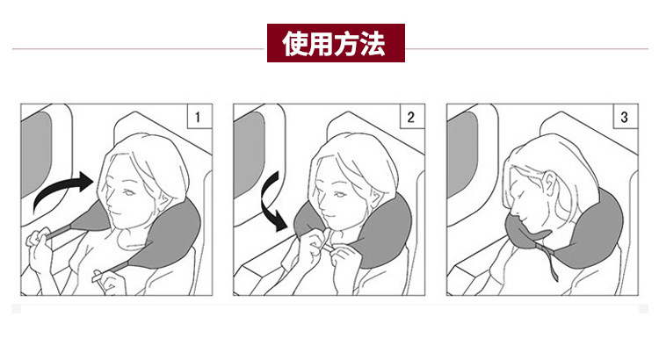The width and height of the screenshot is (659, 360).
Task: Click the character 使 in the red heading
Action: pyautogui.click(x=296, y=43)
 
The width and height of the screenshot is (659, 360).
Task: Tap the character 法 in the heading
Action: pyautogui.click(x=373, y=43)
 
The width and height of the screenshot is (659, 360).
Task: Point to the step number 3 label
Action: pyautogui.click(x=626, y=116)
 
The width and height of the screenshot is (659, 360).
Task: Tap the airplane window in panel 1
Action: pyautogui.click(x=37, y=154)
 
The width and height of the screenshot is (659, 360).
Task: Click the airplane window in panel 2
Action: pyautogui.click(x=250, y=154)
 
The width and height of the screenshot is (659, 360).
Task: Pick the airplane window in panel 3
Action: pyautogui.click(x=463, y=154)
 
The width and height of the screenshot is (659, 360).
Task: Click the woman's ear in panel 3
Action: pyautogui.click(x=549, y=184)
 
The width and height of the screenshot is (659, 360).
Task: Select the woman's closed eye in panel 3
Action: pyautogui.click(x=521, y=197)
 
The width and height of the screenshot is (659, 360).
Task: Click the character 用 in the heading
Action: pyautogui.click(x=322, y=43)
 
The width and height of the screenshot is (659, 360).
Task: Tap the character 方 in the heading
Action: pyautogui.click(x=347, y=43)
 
